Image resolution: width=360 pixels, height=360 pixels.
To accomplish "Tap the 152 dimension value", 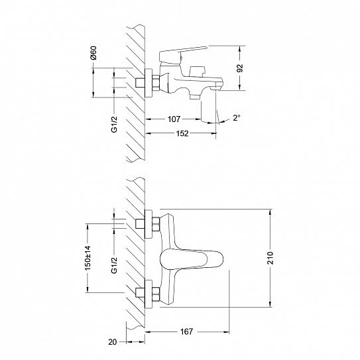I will [182, 133].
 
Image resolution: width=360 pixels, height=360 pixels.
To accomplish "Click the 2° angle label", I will [237, 118].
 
